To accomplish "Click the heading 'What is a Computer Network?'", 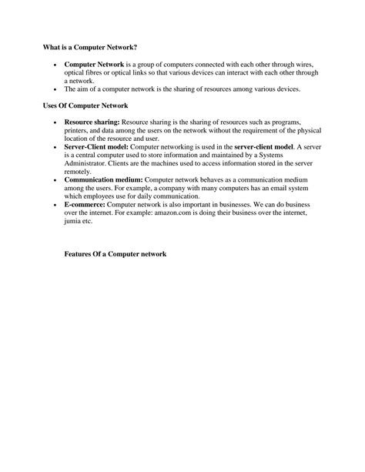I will [89, 47].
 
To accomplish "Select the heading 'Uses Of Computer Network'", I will [85, 105].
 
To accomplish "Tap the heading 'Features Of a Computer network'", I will [116, 254].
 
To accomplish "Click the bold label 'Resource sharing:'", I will [92, 122].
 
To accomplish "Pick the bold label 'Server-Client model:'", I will [97, 146].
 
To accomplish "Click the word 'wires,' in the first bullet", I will [305, 65].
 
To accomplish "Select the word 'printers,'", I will [79, 130].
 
